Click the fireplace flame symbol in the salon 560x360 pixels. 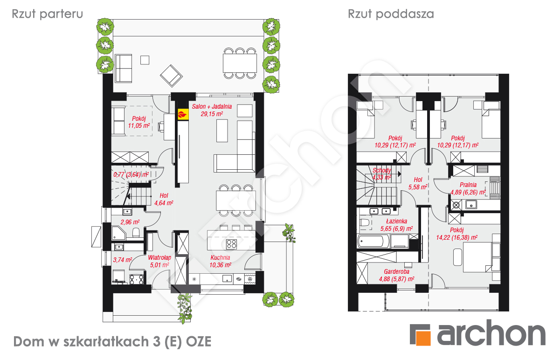pyautogui.click(x=183, y=115)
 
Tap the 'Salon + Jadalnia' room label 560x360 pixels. pyautogui.click(x=212, y=106)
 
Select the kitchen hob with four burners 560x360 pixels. pyautogui.click(x=231, y=244)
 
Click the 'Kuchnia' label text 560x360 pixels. pyautogui.click(x=220, y=257)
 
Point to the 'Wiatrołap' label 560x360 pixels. pyautogui.click(x=159, y=257)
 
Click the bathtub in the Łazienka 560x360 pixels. pyautogui.click(x=373, y=242)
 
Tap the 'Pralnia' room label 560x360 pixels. pyautogui.click(x=468, y=185)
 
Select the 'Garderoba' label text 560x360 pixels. pyautogui.click(x=396, y=271)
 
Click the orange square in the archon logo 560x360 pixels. pyautogui.click(x=422, y=338)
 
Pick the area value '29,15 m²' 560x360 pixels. pyautogui.click(x=212, y=114)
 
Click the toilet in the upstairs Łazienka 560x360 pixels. pyautogui.click(x=365, y=222)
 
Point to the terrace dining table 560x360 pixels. pyautogui.click(x=240, y=63)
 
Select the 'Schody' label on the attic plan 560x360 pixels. pyautogui.click(x=382, y=170)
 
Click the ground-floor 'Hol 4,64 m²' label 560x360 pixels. pyautogui.click(x=164, y=199)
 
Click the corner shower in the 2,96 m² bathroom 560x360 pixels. pyautogui.click(x=119, y=233)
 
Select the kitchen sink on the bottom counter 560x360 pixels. pyautogui.click(x=227, y=279)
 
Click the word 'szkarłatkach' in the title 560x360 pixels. pyautogui.click(x=106, y=341)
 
